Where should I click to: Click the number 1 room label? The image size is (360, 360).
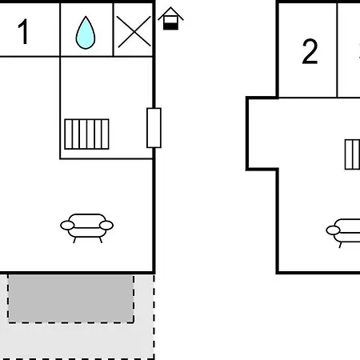24,31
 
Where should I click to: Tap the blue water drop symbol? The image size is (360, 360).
86,34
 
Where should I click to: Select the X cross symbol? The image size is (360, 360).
134,32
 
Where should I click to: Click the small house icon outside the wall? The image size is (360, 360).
170,18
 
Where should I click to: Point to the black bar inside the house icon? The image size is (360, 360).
170,26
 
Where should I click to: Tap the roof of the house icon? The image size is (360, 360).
170,14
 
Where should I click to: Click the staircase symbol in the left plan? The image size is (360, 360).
86,134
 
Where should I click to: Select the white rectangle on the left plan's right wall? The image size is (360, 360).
154,128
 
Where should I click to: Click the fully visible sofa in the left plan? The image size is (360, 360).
87,228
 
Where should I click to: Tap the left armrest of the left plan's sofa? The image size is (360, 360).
67,226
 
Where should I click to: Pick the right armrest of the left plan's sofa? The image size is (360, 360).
106,226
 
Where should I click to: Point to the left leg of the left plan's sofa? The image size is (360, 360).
74,240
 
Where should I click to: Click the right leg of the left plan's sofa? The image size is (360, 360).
101,240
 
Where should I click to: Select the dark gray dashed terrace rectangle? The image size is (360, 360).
70,298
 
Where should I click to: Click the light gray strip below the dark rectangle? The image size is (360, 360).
78,342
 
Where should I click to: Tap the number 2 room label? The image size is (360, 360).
310,51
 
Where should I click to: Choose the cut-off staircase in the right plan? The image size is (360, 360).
352,154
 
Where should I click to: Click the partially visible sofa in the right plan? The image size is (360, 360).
343,233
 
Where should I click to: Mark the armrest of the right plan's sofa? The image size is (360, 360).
333,230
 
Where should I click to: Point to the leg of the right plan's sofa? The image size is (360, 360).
340,245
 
